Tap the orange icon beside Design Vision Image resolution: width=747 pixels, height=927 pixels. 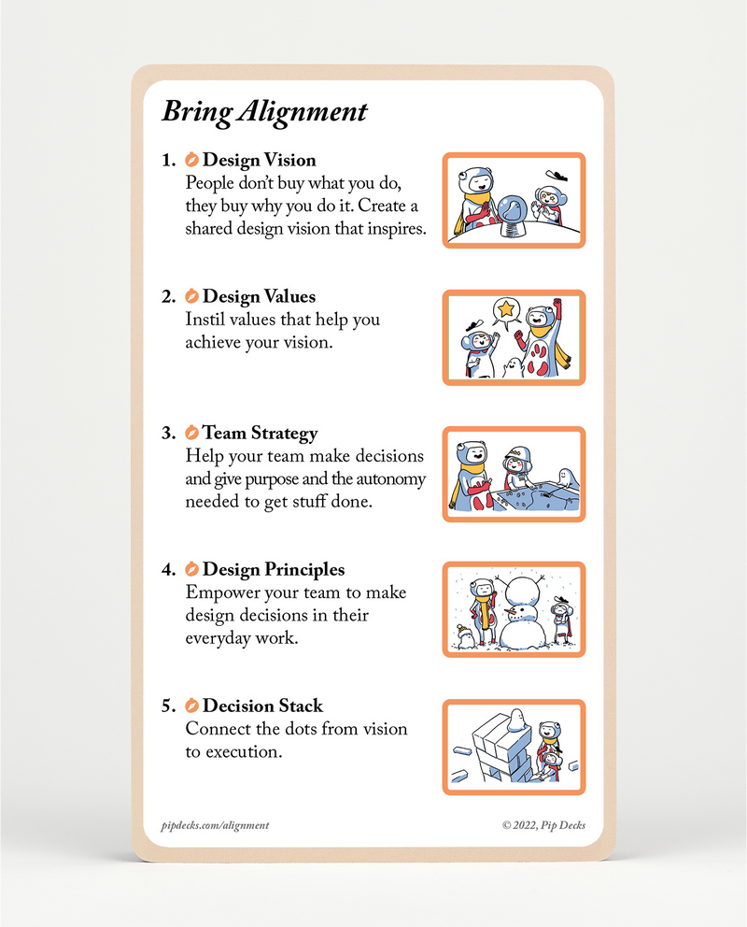(x=191, y=160)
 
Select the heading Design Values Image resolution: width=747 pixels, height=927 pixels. (x=259, y=296)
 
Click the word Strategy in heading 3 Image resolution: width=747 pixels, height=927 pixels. (x=285, y=434)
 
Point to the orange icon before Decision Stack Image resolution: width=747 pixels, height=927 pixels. (x=191, y=706)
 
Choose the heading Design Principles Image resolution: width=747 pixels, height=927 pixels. (x=273, y=569)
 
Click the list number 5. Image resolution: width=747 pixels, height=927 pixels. (x=167, y=706)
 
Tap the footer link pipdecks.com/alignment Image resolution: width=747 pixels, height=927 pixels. (x=215, y=825)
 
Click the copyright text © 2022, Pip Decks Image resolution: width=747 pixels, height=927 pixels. (x=543, y=825)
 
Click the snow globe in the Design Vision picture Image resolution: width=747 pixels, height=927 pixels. (x=512, y=216)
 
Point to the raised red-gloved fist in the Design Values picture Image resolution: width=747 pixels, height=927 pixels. (x=557, y=305)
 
